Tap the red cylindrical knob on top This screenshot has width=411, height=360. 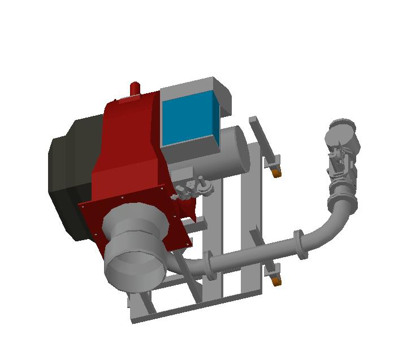(x=135, y=89)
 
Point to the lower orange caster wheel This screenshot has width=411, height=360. (x=276, y=281)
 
